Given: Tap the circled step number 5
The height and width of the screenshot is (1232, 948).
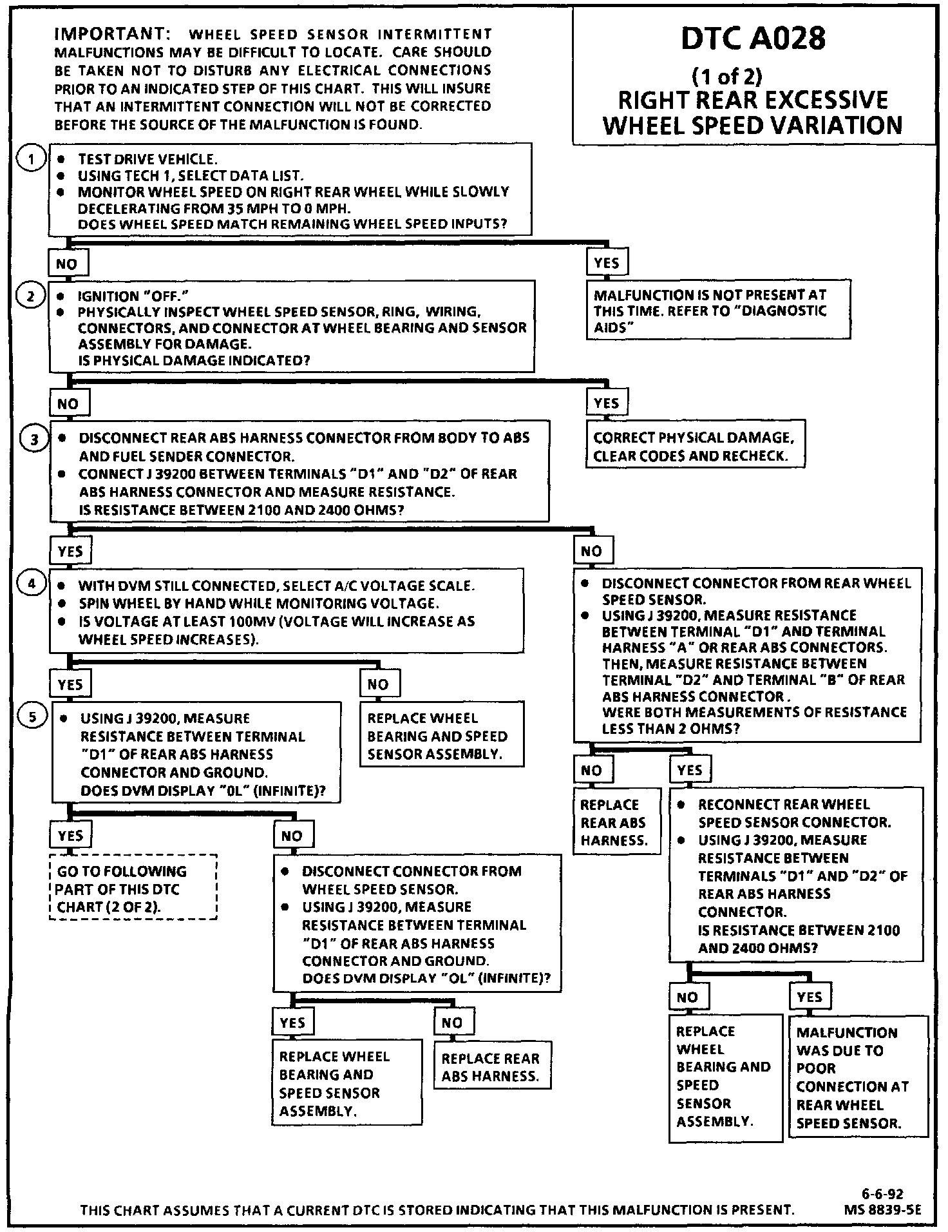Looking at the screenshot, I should point(32,717).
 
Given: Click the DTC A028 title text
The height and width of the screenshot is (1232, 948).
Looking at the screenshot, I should point(753,39).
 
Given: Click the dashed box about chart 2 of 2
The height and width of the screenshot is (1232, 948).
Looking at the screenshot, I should point(133,889).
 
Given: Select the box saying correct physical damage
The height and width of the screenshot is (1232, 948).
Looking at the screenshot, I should point(695,447).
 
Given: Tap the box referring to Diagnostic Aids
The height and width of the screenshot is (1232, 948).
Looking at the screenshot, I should point(717,311).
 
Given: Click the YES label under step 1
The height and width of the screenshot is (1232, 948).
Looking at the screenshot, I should point(607,262).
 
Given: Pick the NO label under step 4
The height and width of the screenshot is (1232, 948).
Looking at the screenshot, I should point(379,684).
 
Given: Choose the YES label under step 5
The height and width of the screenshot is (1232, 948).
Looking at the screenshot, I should point(70,835).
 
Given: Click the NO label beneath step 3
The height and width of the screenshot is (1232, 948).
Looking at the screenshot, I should point(591,551).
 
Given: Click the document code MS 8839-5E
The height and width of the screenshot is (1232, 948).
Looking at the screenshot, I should point(882,1210).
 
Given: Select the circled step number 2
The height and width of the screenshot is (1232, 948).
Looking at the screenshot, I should point(32,296).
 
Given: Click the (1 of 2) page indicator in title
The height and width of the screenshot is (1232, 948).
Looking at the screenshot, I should point(726,77).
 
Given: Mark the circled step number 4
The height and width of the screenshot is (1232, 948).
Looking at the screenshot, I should point(32,584).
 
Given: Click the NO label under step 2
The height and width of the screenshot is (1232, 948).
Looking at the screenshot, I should point(68,404).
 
